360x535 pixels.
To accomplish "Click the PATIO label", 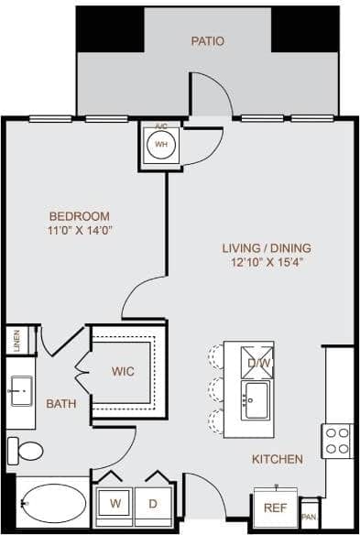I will (x=207, y=41).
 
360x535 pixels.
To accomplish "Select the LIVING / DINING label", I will (x=267, y=247).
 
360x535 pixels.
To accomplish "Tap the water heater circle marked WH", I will (x=161, y=145).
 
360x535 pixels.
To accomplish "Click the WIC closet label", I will (x=124, y=372).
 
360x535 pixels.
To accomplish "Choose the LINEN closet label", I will (x=16, y=340).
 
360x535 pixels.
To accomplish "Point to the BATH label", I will (x=61, y=403).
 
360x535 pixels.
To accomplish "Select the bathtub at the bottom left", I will (x=52, y=503).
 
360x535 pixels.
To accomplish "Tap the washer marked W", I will (x=116, y=504).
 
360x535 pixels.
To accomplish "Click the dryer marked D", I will (x=152, y=504).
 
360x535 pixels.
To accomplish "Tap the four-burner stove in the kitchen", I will (x=336, y=441).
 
